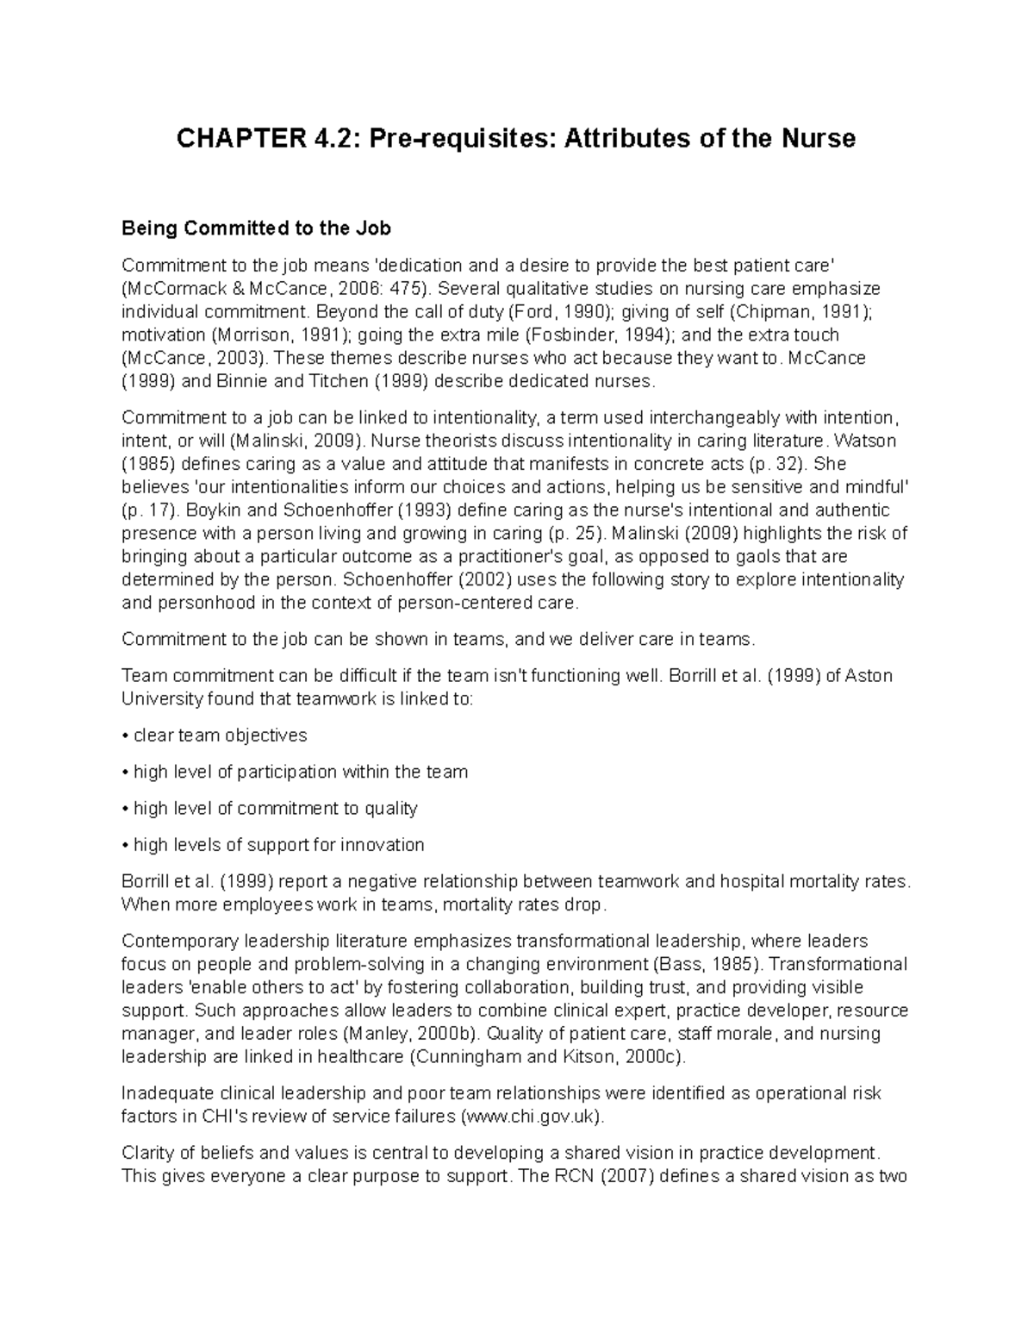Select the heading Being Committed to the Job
256,228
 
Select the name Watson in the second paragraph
866,441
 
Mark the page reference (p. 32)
780,464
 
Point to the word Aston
869,675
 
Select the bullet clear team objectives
220,735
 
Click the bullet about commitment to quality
275,808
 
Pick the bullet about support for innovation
278,844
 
